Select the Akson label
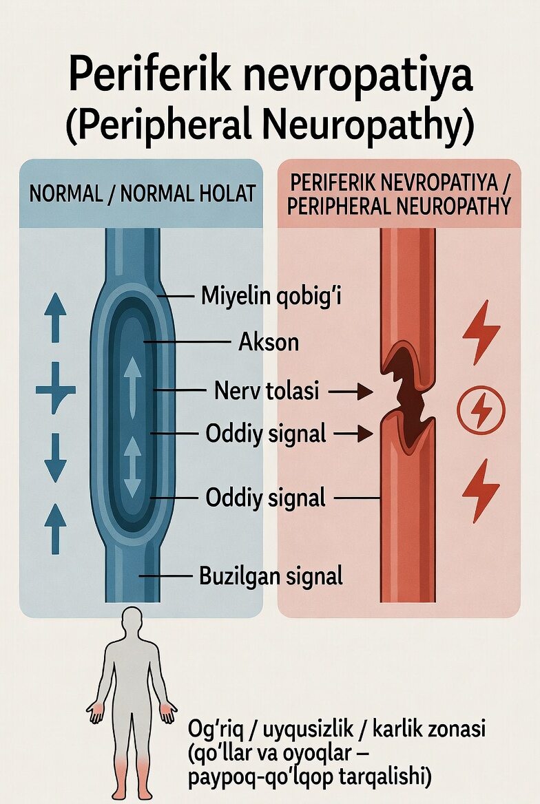coord(269,341)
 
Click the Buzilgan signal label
coord(271,575)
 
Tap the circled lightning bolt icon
coord(481,412)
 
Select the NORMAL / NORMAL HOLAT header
coord(141,193)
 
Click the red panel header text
coord(399,194)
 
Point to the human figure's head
coord(131,622)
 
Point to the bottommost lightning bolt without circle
coord(481,490)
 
